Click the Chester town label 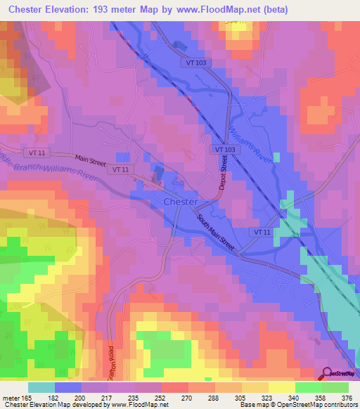pyautogui.click(x=180, y=202)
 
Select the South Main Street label pyautogui.click(x=215, y=231)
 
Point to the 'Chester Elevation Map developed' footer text pyautogui.click(x=53, y=405)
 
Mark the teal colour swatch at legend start pyautogui.click(x=41, y=388)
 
